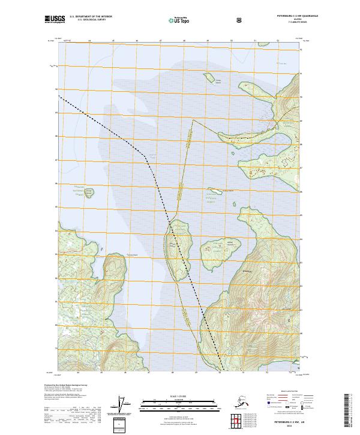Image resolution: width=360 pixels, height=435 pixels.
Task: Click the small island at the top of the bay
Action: coord(209,77)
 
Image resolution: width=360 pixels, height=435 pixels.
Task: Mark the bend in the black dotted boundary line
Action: coord(145,155)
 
